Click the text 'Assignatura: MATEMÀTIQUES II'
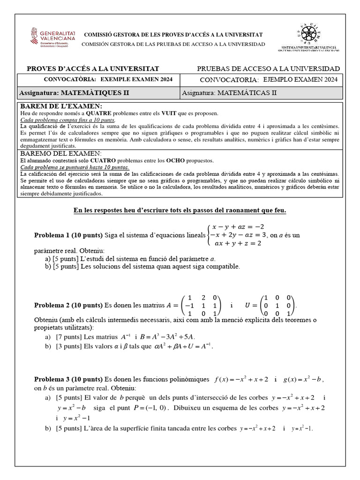click(x=74, y=93)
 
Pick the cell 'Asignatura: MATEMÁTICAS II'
click(x=229, y=93)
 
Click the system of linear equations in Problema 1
click(x=237, y=234)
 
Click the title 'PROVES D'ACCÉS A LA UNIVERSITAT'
click(x=93, y=68)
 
